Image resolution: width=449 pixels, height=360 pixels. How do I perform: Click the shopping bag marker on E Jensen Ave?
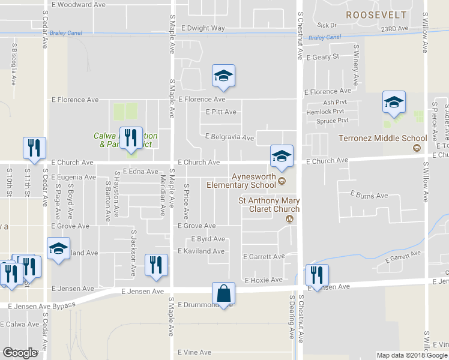[x=223, y=294]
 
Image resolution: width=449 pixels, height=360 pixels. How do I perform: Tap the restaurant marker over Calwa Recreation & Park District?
[x=131, y=139]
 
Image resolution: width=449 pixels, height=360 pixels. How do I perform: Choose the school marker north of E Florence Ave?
[x=223, y=76]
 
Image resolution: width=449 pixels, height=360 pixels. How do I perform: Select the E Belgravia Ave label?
[x=230, y=137]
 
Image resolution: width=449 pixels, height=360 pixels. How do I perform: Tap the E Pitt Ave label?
[x=221, y=112]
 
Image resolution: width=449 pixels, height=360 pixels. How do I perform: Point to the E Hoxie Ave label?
[x=264, y=280]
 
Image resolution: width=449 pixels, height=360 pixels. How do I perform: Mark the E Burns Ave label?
[x=369, y=196]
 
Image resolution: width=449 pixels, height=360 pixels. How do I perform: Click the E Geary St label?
[x=323, y=58]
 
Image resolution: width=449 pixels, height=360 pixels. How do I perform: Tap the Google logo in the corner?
[x=19, y=353]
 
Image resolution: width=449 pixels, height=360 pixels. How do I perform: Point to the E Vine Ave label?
[x=194, y=352]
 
